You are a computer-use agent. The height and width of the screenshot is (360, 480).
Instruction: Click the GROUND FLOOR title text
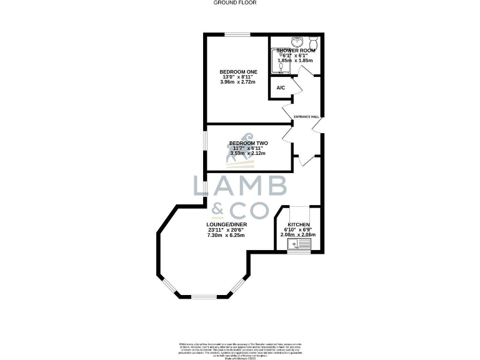click(x=235, y=2)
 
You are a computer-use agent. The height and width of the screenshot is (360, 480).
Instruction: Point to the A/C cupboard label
click(x=281, y=87)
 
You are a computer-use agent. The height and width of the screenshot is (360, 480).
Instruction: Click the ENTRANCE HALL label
click(x=307, y=116)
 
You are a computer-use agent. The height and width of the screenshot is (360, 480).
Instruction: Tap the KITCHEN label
click(x=298, y=224)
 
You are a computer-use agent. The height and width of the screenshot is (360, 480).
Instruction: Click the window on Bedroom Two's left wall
click(x=206, y=149)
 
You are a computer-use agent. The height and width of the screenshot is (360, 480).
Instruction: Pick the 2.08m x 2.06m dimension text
click(x=298, y=235)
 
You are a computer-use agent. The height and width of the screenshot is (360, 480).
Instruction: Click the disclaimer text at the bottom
click(x=240, y=349)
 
